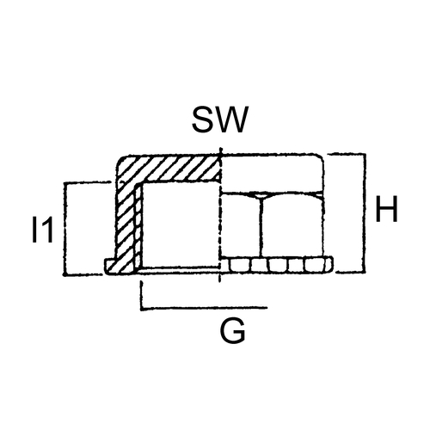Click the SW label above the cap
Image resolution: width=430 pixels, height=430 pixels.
[219, 120]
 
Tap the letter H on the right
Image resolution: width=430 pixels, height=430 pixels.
[387, 209]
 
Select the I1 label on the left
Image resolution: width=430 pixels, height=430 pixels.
[43, 230]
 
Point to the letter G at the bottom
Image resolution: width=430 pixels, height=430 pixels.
[233, 331]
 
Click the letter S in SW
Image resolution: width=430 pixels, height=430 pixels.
[202, 120]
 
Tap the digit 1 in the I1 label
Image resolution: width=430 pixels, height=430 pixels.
[46, 230]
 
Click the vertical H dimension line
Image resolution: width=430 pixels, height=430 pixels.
[365, 212]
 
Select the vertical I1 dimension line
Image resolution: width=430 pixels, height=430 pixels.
[65, 229]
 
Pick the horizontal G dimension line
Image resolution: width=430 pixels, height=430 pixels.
[204, 309]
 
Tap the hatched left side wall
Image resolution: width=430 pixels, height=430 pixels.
[126, 221]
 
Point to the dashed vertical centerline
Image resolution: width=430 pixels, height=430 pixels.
[220, 215]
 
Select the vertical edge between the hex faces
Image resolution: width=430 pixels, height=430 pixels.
[261, 226]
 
